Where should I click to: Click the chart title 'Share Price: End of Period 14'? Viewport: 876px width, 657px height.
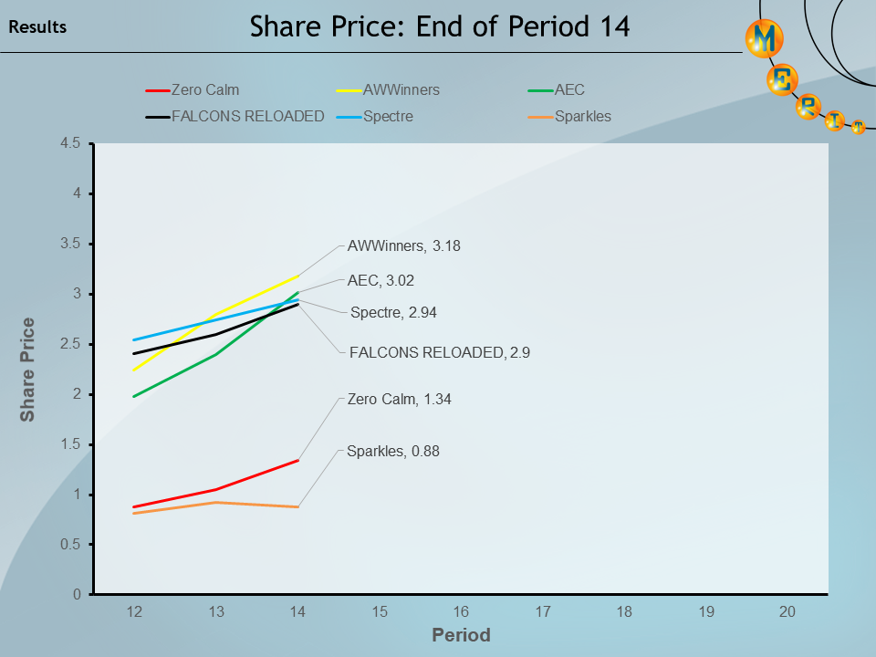coord(440,26)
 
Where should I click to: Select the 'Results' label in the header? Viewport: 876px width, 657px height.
coord(37,27)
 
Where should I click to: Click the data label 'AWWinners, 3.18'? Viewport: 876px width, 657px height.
coord(411,245)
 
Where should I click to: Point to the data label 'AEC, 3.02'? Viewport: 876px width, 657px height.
coord(381,281)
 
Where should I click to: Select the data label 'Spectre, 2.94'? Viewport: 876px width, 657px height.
coord(393,312)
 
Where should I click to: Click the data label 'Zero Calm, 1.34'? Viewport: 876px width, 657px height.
coord(399,399)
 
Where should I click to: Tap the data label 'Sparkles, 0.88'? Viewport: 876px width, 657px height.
coord(393,451)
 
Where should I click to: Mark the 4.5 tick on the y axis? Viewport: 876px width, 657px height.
coord(71,143)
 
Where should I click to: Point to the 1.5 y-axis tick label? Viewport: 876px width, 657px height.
coord(71,444)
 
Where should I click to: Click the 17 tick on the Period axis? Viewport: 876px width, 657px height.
coord(543,612)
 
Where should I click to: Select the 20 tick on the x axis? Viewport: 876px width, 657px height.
coord(787,612)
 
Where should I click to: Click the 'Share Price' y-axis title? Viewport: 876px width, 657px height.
coord(28,369)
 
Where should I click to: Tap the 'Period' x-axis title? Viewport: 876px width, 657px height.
coord(461,635)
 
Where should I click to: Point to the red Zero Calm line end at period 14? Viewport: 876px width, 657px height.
coord(297,460)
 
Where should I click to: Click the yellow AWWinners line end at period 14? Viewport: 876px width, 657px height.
coord(297,276)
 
